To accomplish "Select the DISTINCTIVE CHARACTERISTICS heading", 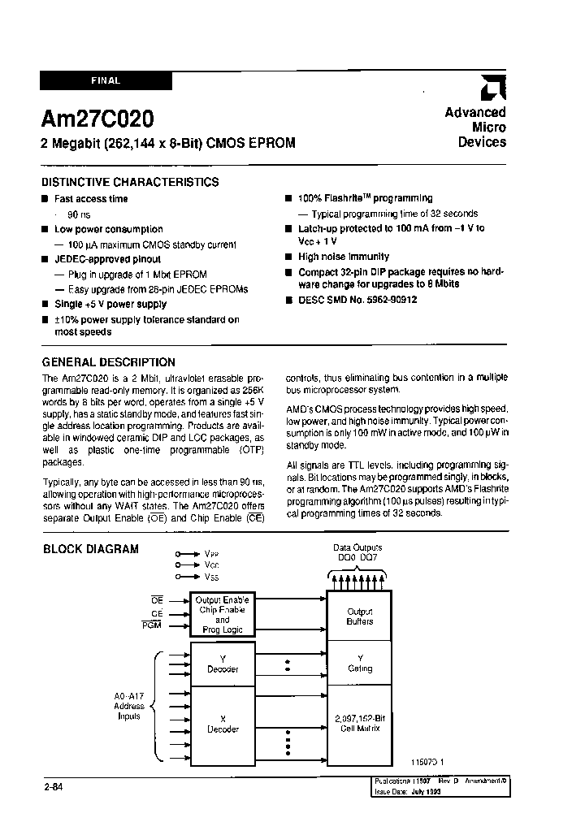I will [x=130, y=182].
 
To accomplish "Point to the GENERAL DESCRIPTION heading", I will [x=108, y=362].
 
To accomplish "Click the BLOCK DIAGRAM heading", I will [x=90, y=549].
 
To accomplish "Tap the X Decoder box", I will [x=223, y=725].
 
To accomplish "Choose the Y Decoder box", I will [x=223, y=664].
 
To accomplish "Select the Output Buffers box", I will [x=360, y=616].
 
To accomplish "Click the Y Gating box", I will [x=360, y=664].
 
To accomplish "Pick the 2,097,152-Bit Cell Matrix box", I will [x=360, y=723].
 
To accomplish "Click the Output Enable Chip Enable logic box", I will [x=223, y=614].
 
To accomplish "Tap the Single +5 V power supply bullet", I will [x=110, y=304].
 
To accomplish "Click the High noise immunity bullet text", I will [x=343, y=257].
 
